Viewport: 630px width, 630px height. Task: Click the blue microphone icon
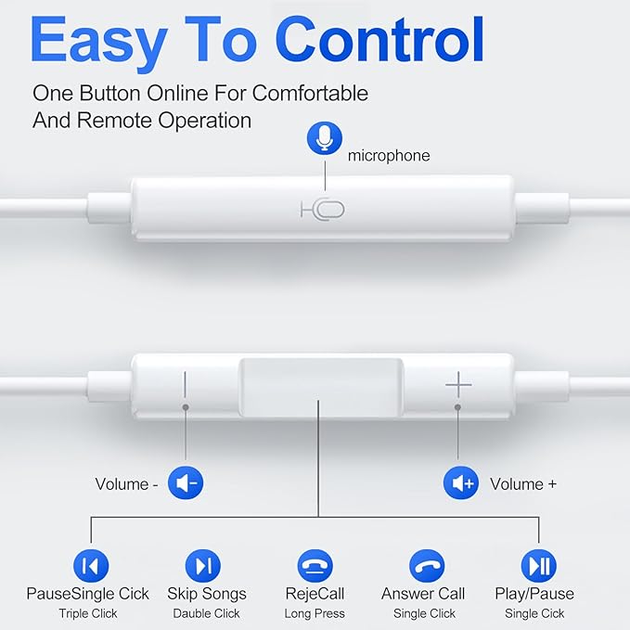pyautogui.click(x=324, y=139)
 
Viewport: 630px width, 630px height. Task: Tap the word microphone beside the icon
pyautogui.click(x=389, y=156)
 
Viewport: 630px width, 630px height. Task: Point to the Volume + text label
pyautogui.click(x=523, y=483)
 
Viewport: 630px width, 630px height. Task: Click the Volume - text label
pyautogui.click(x=122, y=483)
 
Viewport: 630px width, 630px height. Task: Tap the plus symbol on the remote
pyautogui.click(x=458, y=384)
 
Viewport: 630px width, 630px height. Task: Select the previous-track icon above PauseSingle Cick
pyautogui.click(x=91, y=565)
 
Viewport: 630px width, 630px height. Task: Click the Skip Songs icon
pyautogui.click(x=203, y=565)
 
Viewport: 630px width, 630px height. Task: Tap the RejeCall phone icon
pyautogui.click(x=315, y=565)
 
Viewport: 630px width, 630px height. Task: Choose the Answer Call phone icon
pyautogui.click(x=427, y=565)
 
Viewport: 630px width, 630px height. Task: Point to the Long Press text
pyautogui.click(x=315, y=613)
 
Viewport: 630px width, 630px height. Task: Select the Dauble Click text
pyautogui.click(x=206, y=613)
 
